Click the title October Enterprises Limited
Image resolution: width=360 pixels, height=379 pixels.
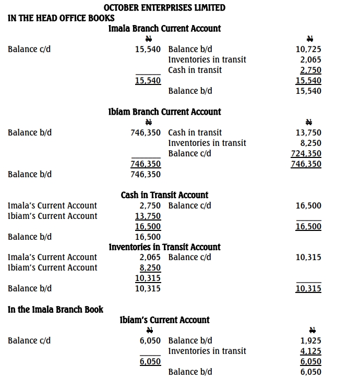click(x=165, y=8)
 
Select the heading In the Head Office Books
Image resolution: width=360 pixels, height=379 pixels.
click(x=61, y=18)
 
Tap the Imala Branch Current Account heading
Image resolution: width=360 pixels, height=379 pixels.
click(x=164, y=29)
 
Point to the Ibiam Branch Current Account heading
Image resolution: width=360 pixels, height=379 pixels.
click(x=164, y=112)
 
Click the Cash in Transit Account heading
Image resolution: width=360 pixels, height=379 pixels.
click(x=164, y=195)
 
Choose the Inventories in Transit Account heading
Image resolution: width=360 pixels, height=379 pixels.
click(x=164, y=247)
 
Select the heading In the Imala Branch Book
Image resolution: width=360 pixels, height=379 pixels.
click(x=55, y=310)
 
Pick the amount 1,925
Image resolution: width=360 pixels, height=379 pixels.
click(x=310, y=341)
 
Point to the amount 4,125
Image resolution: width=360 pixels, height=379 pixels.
click(x=310, y=351)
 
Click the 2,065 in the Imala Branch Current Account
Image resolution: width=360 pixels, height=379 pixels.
click(x=310, y=60)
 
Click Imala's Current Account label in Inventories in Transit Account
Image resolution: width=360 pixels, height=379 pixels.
click(x=52, y=258)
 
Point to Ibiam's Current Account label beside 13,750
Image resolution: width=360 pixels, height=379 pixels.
click(x=52, y=216)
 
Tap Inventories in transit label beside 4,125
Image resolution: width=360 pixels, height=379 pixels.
click(x=207, y=351)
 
